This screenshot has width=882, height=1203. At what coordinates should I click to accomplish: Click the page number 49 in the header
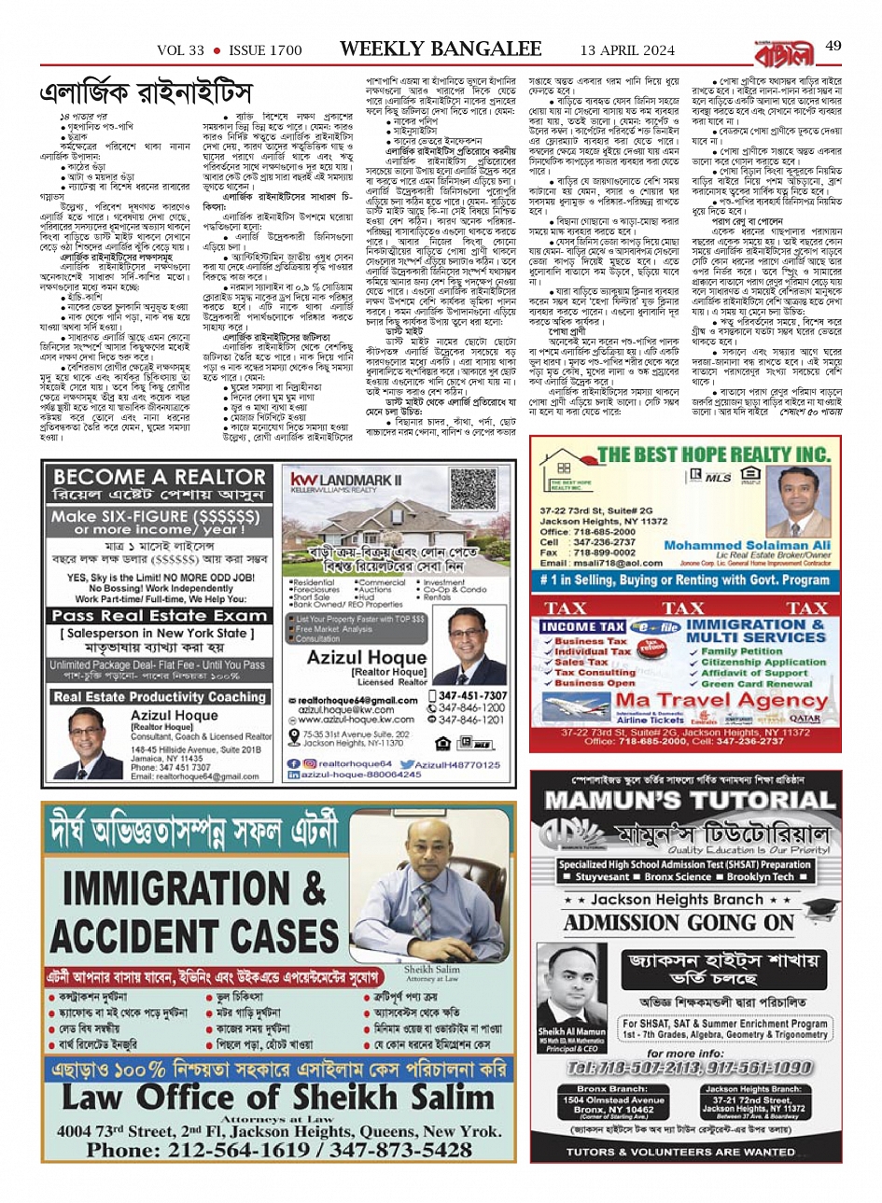(833, 47)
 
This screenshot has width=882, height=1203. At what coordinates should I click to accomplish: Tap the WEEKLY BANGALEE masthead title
(440, 49)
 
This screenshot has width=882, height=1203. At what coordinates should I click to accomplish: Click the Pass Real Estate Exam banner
(160, 616)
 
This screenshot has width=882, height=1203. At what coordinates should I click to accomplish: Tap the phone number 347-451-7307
(472, 695)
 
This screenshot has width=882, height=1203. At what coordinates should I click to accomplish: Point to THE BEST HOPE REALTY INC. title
(714, 455)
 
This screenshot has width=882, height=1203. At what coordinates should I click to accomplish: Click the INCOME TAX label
(583, 627)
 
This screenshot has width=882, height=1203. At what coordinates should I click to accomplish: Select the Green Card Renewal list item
(757, 683)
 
